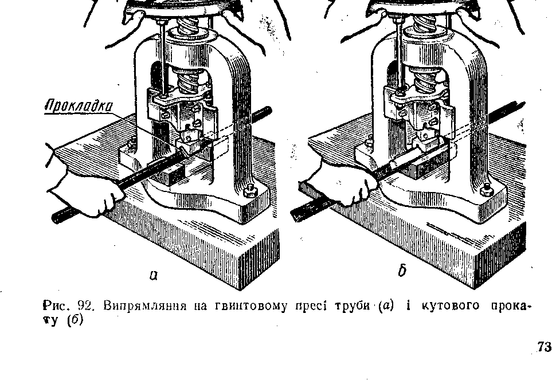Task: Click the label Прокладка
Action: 79,107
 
